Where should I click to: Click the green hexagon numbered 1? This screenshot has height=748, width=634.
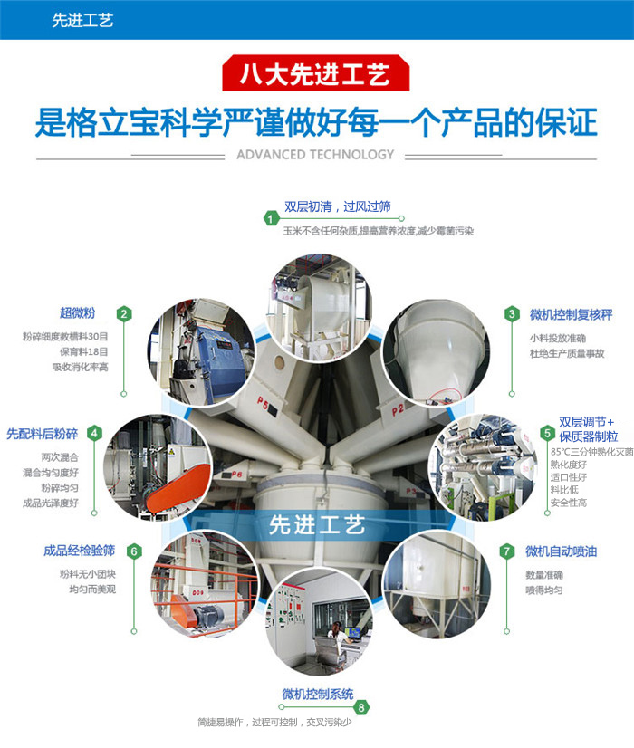pyautogui.click(x=271, y=219)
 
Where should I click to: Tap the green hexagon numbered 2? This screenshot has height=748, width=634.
pyautogui.click(x=124, y=314)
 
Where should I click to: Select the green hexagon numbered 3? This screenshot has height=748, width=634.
pyautogui.click(x=512, y=314)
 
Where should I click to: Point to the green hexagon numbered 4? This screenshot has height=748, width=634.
pyautogui.click(x=94, y=433)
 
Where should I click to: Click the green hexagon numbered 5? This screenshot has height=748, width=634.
pyautogui.click(x=547, y=433)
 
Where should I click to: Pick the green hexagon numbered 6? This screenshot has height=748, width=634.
pyautogui.click(x=134, y=551)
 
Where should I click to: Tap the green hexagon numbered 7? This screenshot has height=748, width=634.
pyautogui.click(x=506, y=551)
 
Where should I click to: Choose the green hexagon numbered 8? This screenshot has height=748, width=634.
pyautogui.click(x=361, y=707)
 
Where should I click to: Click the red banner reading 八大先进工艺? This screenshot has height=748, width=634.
pyautogui.click(x=316, y=73)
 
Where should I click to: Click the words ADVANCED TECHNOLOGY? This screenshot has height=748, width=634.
pyautogui.click(x=315, y=155)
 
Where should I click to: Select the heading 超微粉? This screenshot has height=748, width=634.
pyautogui.click(x=77, y=313)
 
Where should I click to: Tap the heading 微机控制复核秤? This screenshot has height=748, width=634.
pyautogui.click(x=571, y=315)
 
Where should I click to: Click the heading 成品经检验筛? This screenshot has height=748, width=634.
pyautogui.click(x=79, y=551)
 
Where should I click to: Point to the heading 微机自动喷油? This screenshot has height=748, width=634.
pyautogui.click(x=561, y=551)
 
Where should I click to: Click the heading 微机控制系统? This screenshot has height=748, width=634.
pyautogui.click(x=318, y=694)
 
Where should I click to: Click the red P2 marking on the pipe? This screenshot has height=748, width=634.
pyautogui.click(x=398, y=410)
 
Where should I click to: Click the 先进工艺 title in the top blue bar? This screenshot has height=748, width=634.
pyautogui.click(x=82, y=20)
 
